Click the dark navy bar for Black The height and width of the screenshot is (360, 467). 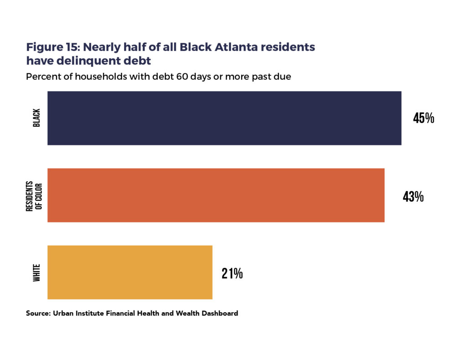(x=224, y=118)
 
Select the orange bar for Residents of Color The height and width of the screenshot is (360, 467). (x=216, y=195)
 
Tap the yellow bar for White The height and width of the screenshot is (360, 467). (x=130, y=272)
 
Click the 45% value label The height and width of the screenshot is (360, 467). (x=424, y=118)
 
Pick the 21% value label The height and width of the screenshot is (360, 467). (x=232, y=273)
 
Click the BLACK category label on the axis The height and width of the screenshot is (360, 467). (x=37, y=118)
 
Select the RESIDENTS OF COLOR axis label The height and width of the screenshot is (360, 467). (x=33, y=195)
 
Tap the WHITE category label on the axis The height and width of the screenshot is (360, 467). (x=37, y=273)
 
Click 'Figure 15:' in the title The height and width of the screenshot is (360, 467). (x=53, y=47)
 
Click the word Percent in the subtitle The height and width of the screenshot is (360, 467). (x=43, y=77)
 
